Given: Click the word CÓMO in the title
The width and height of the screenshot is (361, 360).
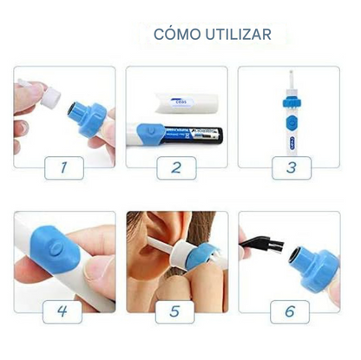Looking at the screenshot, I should click(x=174, y=35).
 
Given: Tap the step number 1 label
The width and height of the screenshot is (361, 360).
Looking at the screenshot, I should click(x=61, y=166).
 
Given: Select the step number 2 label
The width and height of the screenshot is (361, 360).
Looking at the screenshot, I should click(x=177, y=166).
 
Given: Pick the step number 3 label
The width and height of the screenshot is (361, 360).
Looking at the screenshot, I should click(x=292, y=166).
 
